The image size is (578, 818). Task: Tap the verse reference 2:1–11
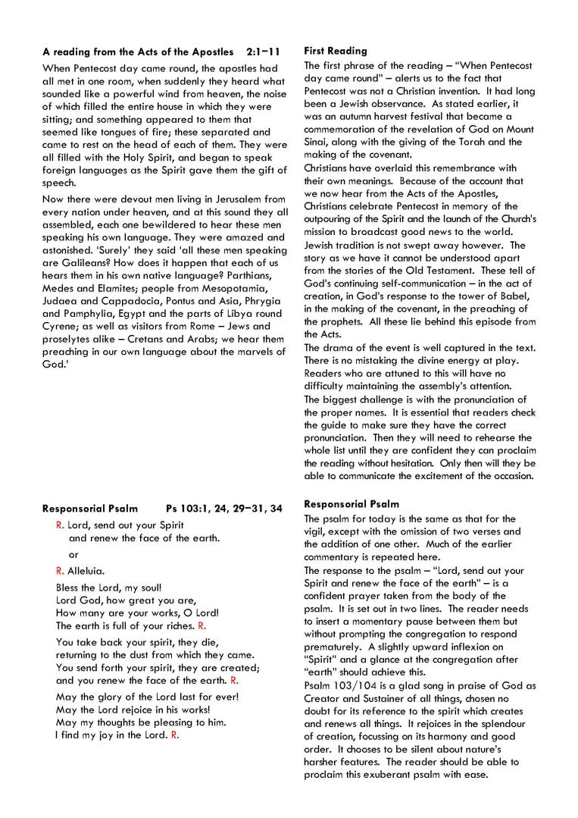click(x=263, y=52)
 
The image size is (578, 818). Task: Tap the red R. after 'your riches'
click(x=202, y=626)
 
